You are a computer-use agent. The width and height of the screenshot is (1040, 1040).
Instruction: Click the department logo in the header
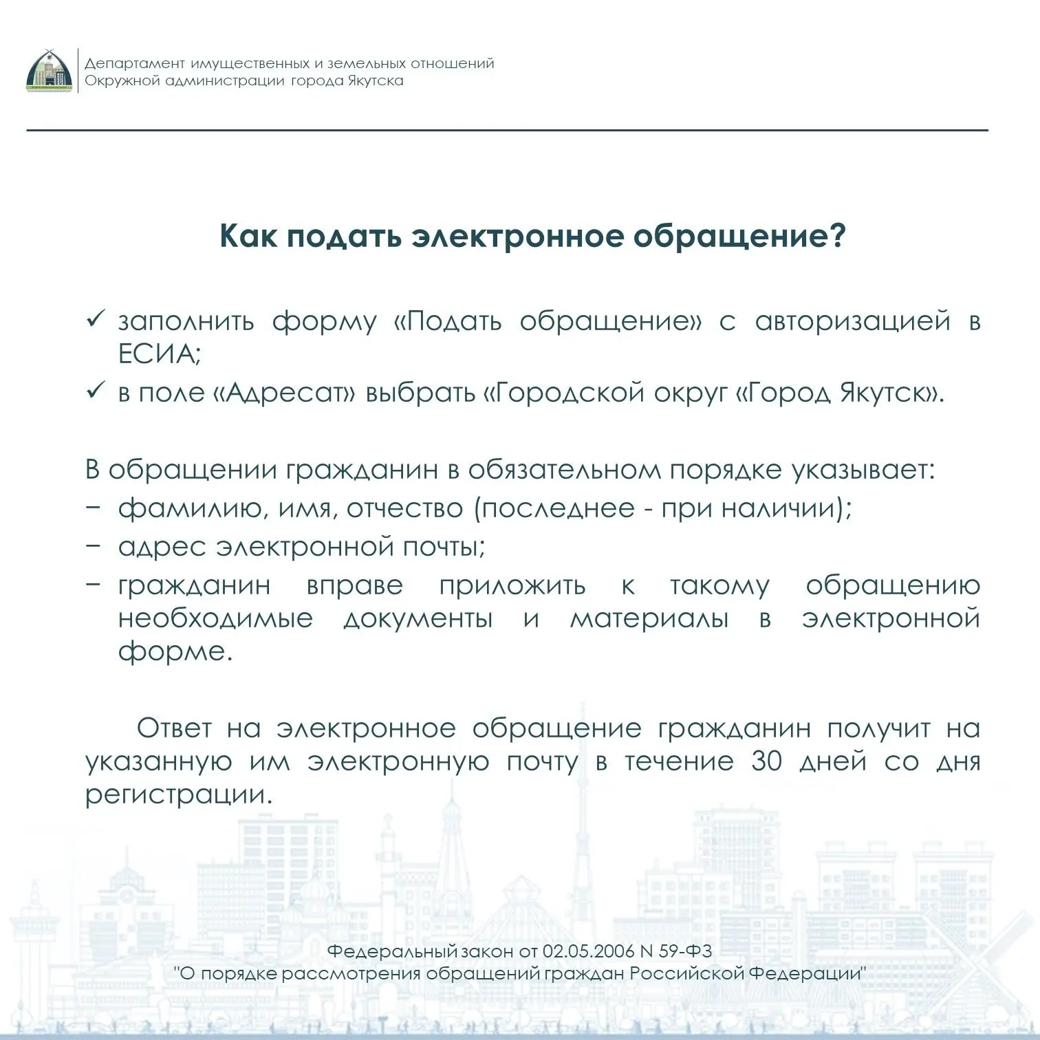49,72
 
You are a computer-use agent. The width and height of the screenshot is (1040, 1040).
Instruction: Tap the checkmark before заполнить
94,320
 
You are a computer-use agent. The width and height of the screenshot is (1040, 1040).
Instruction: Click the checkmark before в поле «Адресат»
94,391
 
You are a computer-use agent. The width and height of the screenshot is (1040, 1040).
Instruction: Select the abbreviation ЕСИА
159,354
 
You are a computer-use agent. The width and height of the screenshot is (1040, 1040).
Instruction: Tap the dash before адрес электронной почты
94,546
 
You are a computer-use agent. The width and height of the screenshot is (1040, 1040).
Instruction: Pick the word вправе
354,585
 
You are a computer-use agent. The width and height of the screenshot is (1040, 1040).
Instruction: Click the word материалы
649,618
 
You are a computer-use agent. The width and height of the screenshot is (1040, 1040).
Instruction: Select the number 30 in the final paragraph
766,761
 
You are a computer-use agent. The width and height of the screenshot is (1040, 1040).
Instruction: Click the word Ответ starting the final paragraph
174,728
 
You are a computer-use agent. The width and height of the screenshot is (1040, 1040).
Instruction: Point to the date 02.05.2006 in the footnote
587,951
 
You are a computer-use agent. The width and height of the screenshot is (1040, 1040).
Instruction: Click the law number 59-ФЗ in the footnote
685,951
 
